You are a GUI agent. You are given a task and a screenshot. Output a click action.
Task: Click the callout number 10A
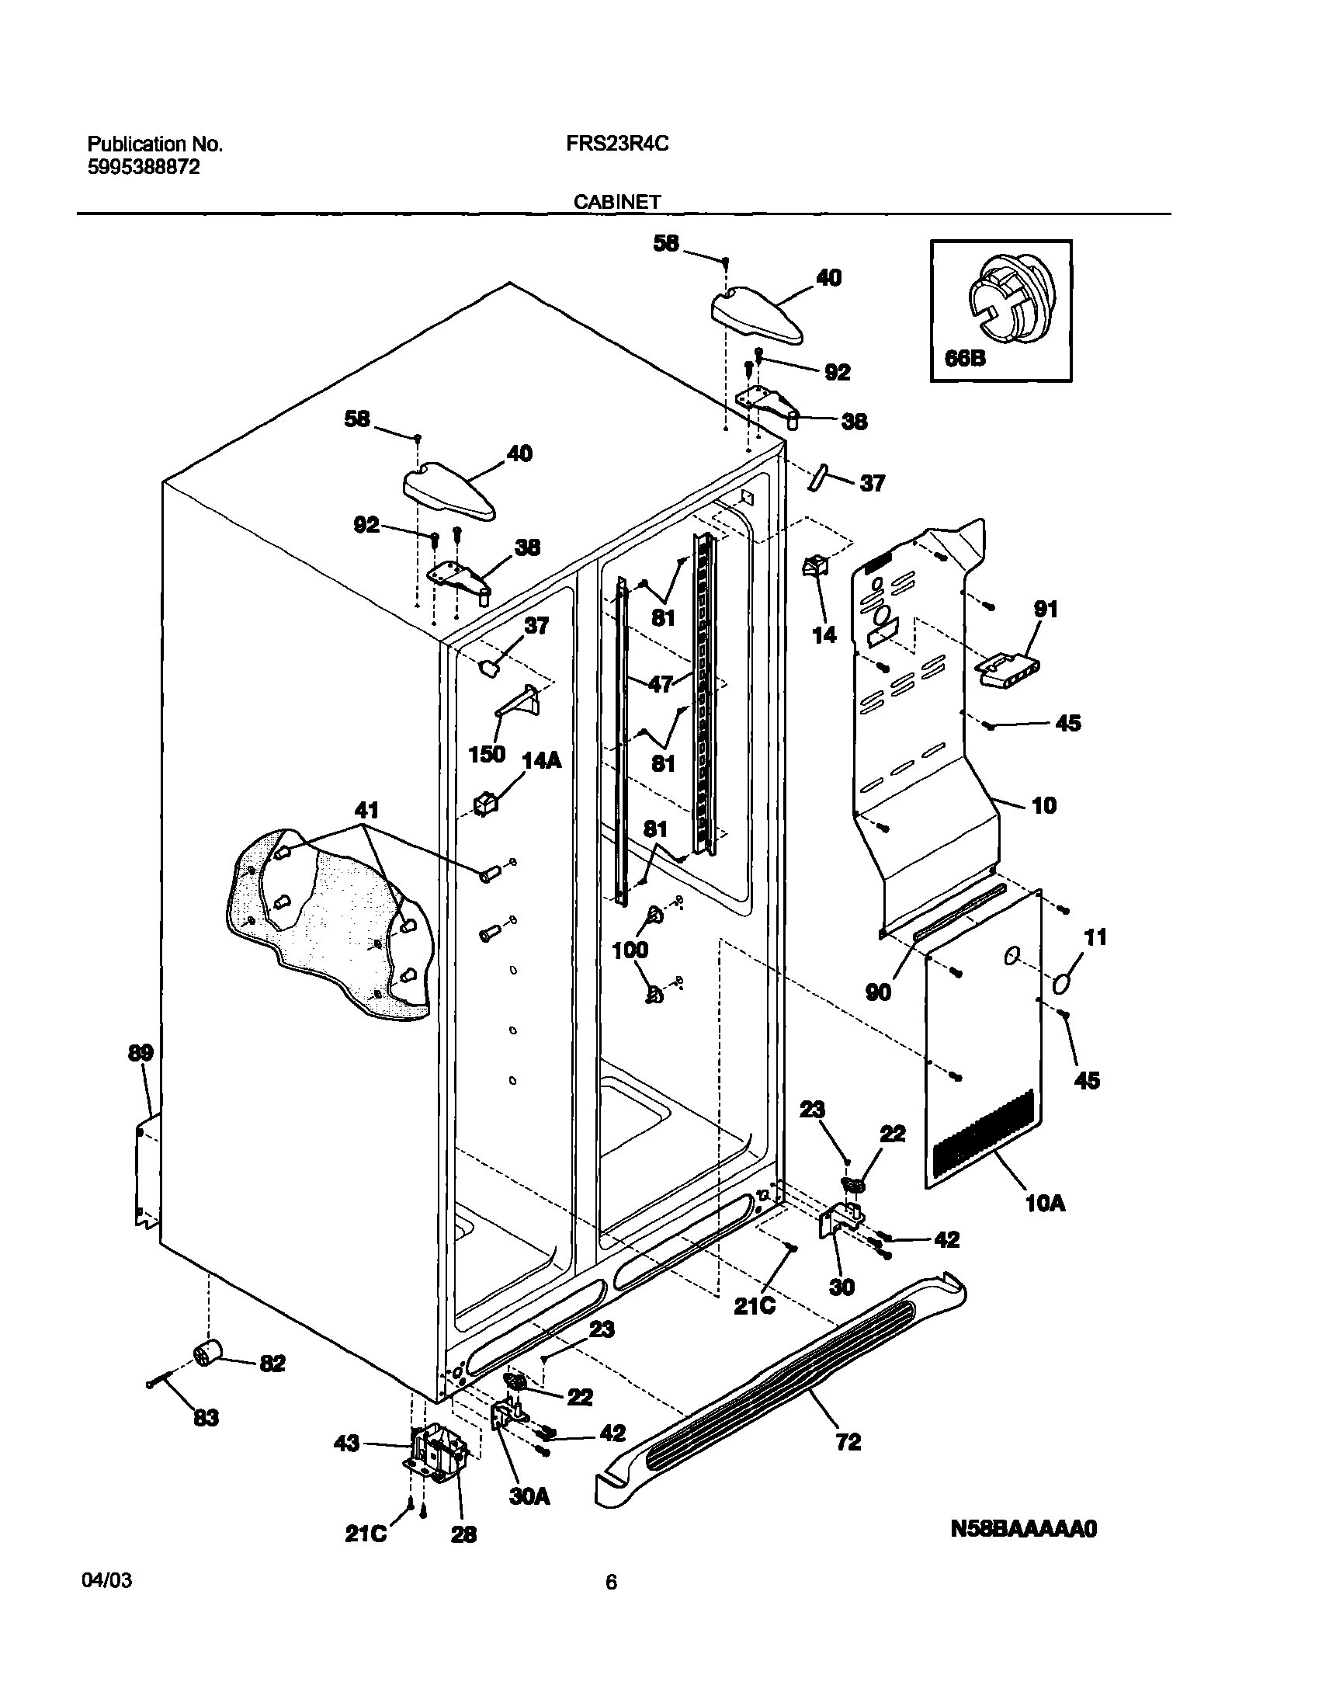point(1046,1204)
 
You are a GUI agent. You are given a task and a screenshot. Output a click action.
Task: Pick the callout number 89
point(141,1053)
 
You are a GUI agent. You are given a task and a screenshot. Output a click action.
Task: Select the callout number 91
point(1046,609)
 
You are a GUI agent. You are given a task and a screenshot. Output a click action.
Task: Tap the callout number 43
point(347,1444)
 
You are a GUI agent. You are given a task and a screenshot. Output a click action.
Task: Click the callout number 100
point(630,950)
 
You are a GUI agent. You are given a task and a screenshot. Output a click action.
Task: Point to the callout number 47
point(660,684)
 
